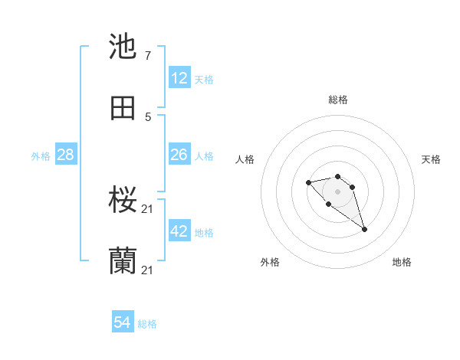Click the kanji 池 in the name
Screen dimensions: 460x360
[x=123, y=47]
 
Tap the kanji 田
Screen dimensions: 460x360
[x=123, y=108]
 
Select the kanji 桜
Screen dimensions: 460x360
[x=123, y=201]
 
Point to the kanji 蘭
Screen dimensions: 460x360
[x=123, y=261]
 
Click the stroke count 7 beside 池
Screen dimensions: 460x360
[x=147, y=56]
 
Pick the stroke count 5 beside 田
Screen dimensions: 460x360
[x=147, y=116]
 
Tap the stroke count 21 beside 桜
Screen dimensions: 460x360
[x=149, y=209]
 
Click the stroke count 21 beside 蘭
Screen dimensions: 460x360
[x=149, y=270]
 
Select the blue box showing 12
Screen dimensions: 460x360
[x=179, y=77]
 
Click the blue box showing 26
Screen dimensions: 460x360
[x=179, y=155]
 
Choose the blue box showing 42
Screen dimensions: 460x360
[x=179, y=231]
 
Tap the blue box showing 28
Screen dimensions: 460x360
[x=66, y=155]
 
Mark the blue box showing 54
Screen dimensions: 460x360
[x=123, y=322]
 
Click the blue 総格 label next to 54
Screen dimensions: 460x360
[x=147, y=324]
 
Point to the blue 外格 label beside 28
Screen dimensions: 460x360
[x=41, y=156]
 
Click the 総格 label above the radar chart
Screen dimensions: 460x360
[x=338, y=100]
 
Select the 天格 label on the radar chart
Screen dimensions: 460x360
[x=431, y=159]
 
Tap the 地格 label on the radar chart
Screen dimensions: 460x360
[x=402, y=262]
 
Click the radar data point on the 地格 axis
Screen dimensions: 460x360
[x=364, y=229]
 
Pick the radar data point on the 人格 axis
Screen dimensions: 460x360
[x=308, y=182]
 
